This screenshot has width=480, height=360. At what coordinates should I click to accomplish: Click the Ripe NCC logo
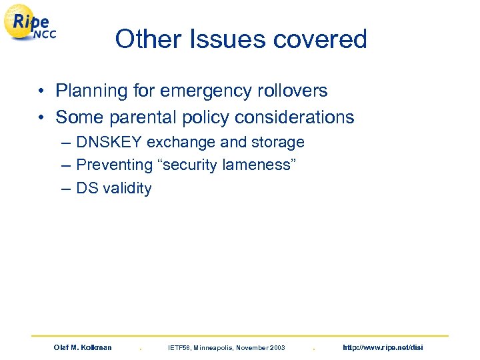click(x=30, y=25)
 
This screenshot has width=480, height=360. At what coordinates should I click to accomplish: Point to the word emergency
click(x=203, y=91)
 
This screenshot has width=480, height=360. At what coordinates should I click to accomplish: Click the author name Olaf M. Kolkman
click(x=83, y=347)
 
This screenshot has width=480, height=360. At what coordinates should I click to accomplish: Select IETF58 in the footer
click(x=181, y=347)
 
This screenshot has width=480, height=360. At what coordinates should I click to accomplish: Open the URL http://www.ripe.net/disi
click(x=383, y=347)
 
